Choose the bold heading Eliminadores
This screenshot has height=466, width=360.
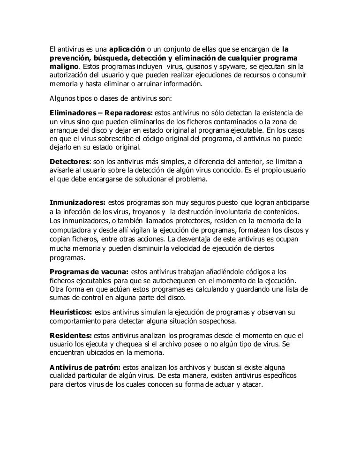73,113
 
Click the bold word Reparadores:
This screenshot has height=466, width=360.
128,113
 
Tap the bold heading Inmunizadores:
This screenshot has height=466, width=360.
77,203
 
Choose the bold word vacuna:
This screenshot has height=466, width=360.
112,271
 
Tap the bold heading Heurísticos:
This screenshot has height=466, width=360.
71,312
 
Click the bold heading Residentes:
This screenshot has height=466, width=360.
70,336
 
